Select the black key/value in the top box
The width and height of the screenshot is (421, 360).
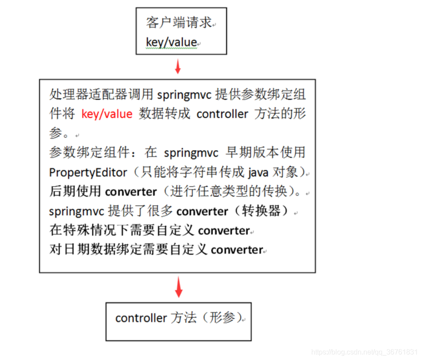tap(171, 43)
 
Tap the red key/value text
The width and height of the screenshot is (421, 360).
tap(107, 114)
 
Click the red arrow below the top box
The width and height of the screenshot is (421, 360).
tap(177, 66)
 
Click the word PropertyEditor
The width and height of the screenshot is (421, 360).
tap(88, 172)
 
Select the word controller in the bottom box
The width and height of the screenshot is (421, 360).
tap(141, 318)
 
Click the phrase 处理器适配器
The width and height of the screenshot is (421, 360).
tap(75, 95)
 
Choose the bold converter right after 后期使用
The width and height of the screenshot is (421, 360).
tap(131, 192)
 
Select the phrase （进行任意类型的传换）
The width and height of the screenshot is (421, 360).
tap(231, 192)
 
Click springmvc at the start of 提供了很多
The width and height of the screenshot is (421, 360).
tap(77, 211)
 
